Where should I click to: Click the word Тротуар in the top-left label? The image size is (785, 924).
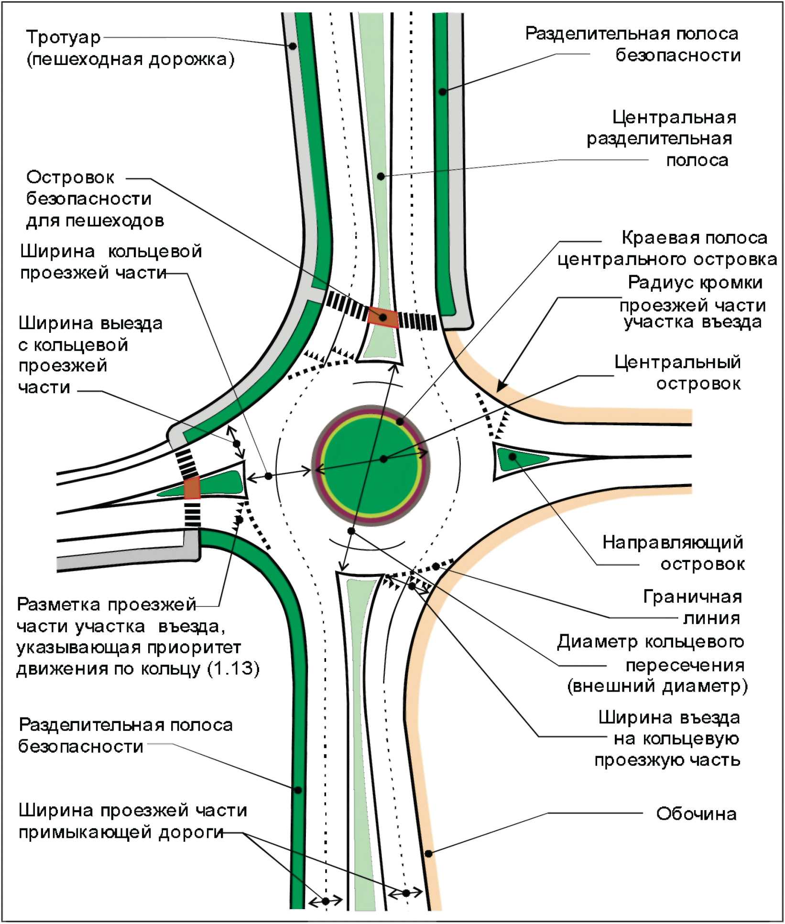click(63, 37)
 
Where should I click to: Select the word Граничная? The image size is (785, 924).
click(692, 596)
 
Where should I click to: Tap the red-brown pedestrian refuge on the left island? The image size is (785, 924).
click(192, 487)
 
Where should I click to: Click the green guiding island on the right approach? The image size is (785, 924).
click(519, 458)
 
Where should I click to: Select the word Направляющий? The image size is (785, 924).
click(672, 542)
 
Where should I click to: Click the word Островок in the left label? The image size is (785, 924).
click(70, 177)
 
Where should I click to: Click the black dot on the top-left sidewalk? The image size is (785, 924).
click(293, 46)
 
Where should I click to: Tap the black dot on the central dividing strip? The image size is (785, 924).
click(381, 176)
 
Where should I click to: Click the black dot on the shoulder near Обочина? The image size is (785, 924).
click(428, 854)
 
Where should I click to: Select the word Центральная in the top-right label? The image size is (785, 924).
click(674, 117)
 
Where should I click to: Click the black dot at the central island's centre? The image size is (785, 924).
click(383, 459)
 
